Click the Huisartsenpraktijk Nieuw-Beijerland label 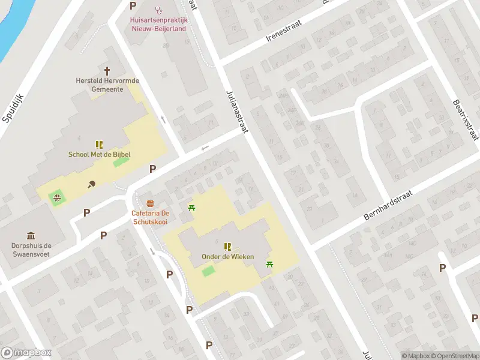click(x=159, y=23)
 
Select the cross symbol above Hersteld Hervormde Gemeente click(x=108, y=70)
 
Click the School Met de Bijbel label click(x=99, y=154)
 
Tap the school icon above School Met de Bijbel click(x=99, y=144)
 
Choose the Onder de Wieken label click(x=227, y=257)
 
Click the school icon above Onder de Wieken click(x=227, y=247)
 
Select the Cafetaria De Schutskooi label click(x=150, y=217)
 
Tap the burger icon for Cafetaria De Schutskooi click(x=150, y=203)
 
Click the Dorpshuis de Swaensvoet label click(x=31, y=250)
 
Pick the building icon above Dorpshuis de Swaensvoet click(x=31, y=235)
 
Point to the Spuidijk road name click(x=12, y=108)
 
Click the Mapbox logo click(x=26, y=353)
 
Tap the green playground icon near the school click(x=57, y=196)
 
